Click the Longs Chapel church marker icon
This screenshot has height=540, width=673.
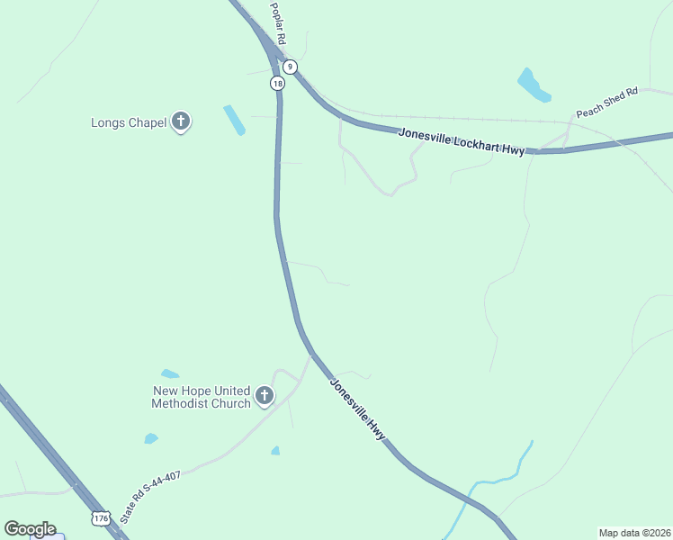[181, 121]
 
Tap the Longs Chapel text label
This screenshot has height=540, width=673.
[129, 122]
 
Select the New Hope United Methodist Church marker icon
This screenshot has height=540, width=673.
[265, 395]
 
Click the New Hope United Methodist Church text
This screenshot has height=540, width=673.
[201, 397]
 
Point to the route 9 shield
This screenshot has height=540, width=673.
[290, 67]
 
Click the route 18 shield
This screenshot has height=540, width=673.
[277, 83]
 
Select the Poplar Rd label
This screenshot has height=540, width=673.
[278, 24]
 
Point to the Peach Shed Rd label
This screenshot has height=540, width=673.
[606, 102]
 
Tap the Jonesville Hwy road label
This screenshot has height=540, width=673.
[357, 409]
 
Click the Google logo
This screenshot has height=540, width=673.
[30, 529]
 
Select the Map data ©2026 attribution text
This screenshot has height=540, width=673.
[633, 533]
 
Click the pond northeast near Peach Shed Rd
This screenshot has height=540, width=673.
[533, 85]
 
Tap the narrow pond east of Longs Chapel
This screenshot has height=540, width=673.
[234, 120]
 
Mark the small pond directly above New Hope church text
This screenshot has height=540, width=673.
[169, 373]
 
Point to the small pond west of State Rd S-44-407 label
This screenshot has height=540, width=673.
[150, 438]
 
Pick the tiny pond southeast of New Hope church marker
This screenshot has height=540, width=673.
[275, 450]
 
